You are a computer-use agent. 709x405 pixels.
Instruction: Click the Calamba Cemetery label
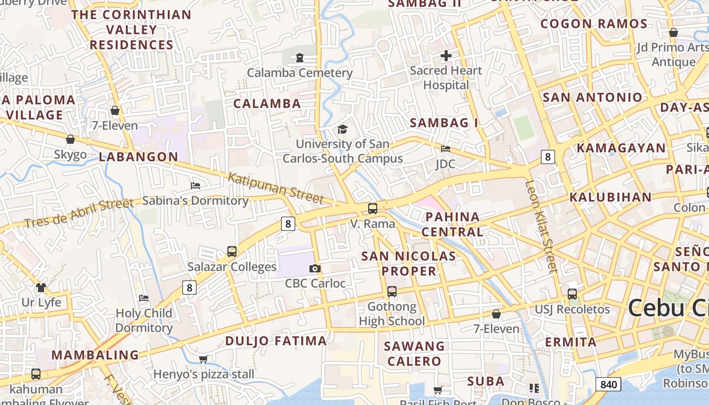pyautogui.click(x=299, y=73)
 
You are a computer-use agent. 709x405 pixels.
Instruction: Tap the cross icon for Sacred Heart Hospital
pyautogui.click(x=446, y=56)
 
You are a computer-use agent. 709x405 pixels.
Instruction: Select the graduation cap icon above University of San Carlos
pyautogui.click(x=343, y=130)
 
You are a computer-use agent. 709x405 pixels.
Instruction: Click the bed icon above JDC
pyautogui.click(x=446, y=149)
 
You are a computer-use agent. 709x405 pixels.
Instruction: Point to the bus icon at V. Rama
pyautogui.click(x=373, y=208)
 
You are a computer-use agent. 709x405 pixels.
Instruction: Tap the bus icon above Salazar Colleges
pyautogui.click(x=232, y=251)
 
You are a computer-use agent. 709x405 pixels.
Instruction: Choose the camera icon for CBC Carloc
pyautogui.click(x=315, y=268)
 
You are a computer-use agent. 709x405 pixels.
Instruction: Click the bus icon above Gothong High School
pyautogui.click(x=392, y=292)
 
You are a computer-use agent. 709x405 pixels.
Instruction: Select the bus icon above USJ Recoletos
pyautogui.click(x=572, y=294)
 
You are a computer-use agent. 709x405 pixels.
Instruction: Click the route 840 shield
pyautogui.click(x=608, y=385)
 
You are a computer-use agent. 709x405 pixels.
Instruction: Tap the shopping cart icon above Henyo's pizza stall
pyautogui.click(x=204, y=359)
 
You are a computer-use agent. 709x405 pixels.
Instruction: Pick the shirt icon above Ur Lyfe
pyautogui.click(x=41, y=288)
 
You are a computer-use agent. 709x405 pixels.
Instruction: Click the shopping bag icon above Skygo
pyautogui.click(x=70, y=139)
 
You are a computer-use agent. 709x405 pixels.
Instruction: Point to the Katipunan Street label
pyautogui.click(x=275, y=188)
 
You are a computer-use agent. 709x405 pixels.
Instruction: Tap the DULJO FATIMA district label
pyautogui.click(x=276, y=341)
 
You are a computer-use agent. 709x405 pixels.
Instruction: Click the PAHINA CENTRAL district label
pyautogui.click(x=452, y=224)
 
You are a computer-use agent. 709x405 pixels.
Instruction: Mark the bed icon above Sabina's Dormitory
pyautogui.click(x=195, y=186)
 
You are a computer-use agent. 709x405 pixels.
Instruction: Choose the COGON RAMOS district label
pyautogui.click(x=594, y=24)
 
